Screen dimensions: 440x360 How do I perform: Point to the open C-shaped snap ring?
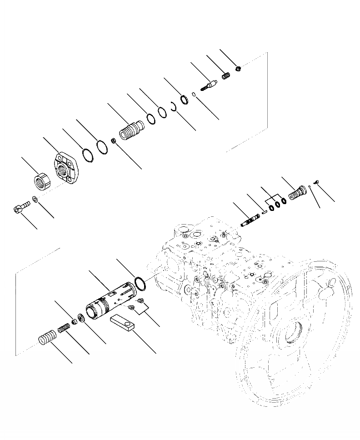(x=173, y=108)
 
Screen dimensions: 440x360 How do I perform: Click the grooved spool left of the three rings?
(x=250, y=219)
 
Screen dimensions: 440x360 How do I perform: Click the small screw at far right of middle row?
(x=317, y=181)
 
